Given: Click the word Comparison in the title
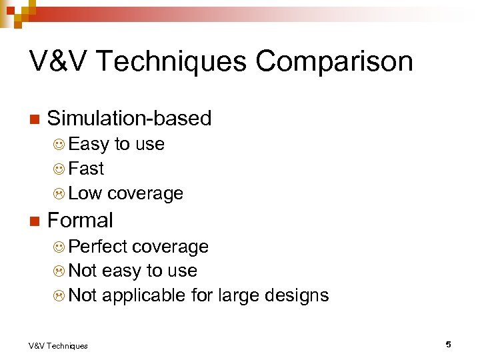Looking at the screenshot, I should click(334, 61).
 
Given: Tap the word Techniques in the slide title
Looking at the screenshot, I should click(169, 61).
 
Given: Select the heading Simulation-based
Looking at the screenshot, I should click(129, 119).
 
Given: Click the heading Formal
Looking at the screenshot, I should click(80, 220).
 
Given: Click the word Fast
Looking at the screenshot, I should click(86, 169).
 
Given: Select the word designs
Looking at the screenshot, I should click(297, 295).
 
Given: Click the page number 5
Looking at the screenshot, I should click(449, 345).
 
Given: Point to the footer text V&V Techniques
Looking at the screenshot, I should click(58, 345).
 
